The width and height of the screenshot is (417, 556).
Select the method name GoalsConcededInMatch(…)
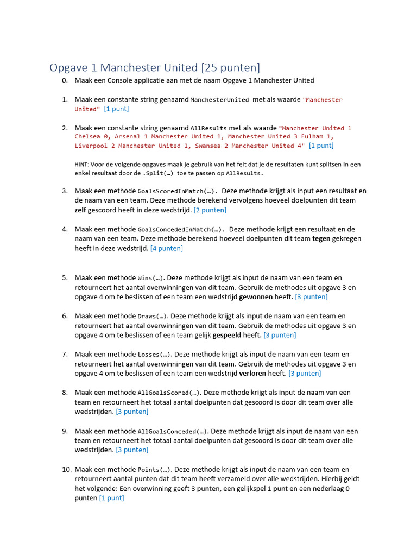pos(181,229)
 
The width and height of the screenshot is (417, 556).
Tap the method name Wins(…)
pos(153,278)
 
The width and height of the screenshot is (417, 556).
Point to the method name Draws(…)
pos(154,316)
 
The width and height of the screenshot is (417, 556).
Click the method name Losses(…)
pos(155,355)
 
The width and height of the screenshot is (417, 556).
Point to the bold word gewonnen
pos(256,297)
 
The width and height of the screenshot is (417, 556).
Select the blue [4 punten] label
pos(167,248)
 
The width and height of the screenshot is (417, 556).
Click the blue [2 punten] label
pos(210,210)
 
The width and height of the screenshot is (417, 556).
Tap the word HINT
pos(81,164)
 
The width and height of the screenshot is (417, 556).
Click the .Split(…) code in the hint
pos(161,173)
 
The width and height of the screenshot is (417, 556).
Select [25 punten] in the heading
pos(230,67)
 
